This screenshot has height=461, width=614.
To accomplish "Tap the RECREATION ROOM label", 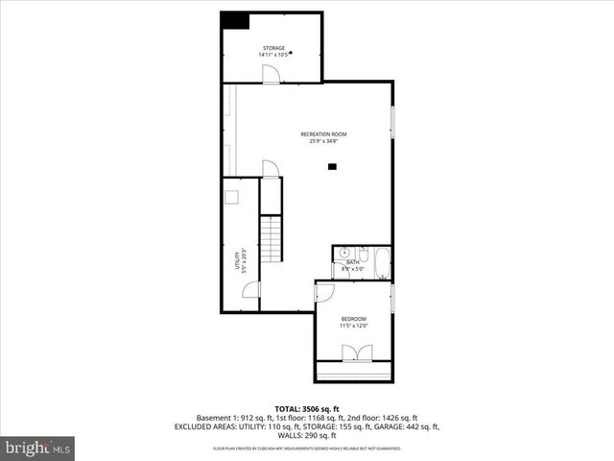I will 323,133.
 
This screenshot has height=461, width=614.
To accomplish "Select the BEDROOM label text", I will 353,318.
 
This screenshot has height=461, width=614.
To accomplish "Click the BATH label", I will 353,261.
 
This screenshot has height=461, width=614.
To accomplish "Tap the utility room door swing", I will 250,289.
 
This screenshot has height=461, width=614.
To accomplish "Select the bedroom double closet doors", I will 355,352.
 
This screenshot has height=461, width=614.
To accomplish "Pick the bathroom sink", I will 340,253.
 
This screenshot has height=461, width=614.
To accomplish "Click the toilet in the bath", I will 339,269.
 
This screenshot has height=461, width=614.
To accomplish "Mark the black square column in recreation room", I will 332,167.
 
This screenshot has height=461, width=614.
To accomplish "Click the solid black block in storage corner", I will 234,20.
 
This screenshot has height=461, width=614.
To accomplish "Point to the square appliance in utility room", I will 232,197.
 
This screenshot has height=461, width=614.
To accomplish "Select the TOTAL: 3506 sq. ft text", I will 306,409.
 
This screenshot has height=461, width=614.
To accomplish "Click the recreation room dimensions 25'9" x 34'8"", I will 323,141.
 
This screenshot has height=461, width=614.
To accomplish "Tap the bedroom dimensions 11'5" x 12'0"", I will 353,326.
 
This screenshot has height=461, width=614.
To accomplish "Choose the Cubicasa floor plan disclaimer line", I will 306,449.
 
